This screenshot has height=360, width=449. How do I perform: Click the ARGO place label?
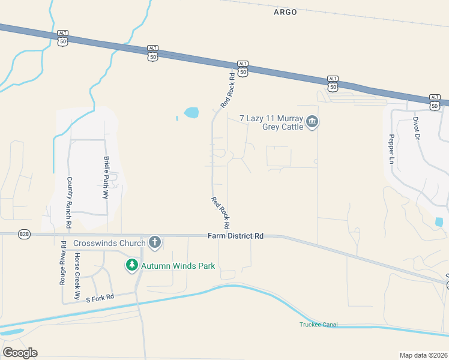tap(285, 12)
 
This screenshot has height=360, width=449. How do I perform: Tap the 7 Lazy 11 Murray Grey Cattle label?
tap(273, 122)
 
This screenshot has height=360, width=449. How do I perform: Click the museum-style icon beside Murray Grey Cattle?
tap(312, 122)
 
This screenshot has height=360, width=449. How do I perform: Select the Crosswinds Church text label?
tap(109, 243)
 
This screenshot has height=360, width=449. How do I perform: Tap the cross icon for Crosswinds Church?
tap(155, 242)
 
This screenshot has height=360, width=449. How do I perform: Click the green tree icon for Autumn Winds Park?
tap(131, 265)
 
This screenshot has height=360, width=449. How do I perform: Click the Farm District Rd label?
tap(236, 236)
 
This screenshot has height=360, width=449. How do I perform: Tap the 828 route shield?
tap(24, 234)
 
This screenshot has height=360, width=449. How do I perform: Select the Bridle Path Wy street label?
tap(107, 178)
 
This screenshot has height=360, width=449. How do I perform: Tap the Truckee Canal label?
tap(319, 325)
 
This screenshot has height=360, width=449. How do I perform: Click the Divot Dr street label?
tap(415, 128)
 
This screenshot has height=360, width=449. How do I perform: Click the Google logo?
tap(20, 353)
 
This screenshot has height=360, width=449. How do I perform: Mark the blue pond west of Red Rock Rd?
tap(191, 112)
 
